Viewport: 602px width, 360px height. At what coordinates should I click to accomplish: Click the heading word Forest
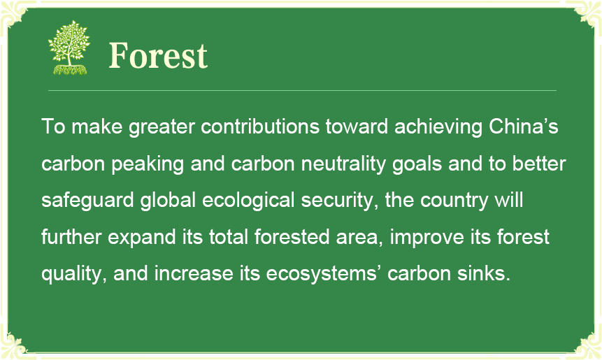pos(158,56)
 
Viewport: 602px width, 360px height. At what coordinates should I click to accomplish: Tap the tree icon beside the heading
pos(69,48)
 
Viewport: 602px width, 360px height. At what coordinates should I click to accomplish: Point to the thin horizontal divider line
pos(302,91)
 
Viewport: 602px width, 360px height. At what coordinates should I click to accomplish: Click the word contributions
pos(260,127)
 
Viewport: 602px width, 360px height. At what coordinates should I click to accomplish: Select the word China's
pos(523,127)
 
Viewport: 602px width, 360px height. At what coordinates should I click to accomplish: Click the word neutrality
pos(343,164)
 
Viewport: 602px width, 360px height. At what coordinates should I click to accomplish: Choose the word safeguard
pos(87,201)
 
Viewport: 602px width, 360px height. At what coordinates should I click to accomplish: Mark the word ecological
pos(248,201)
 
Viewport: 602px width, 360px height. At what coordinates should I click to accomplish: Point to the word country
pos(454,201)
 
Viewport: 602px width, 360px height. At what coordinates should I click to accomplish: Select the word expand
pos(142,237)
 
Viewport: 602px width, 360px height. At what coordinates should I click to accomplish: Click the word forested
pos(292,236)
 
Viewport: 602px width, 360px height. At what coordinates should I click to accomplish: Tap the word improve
pos(427,237)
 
